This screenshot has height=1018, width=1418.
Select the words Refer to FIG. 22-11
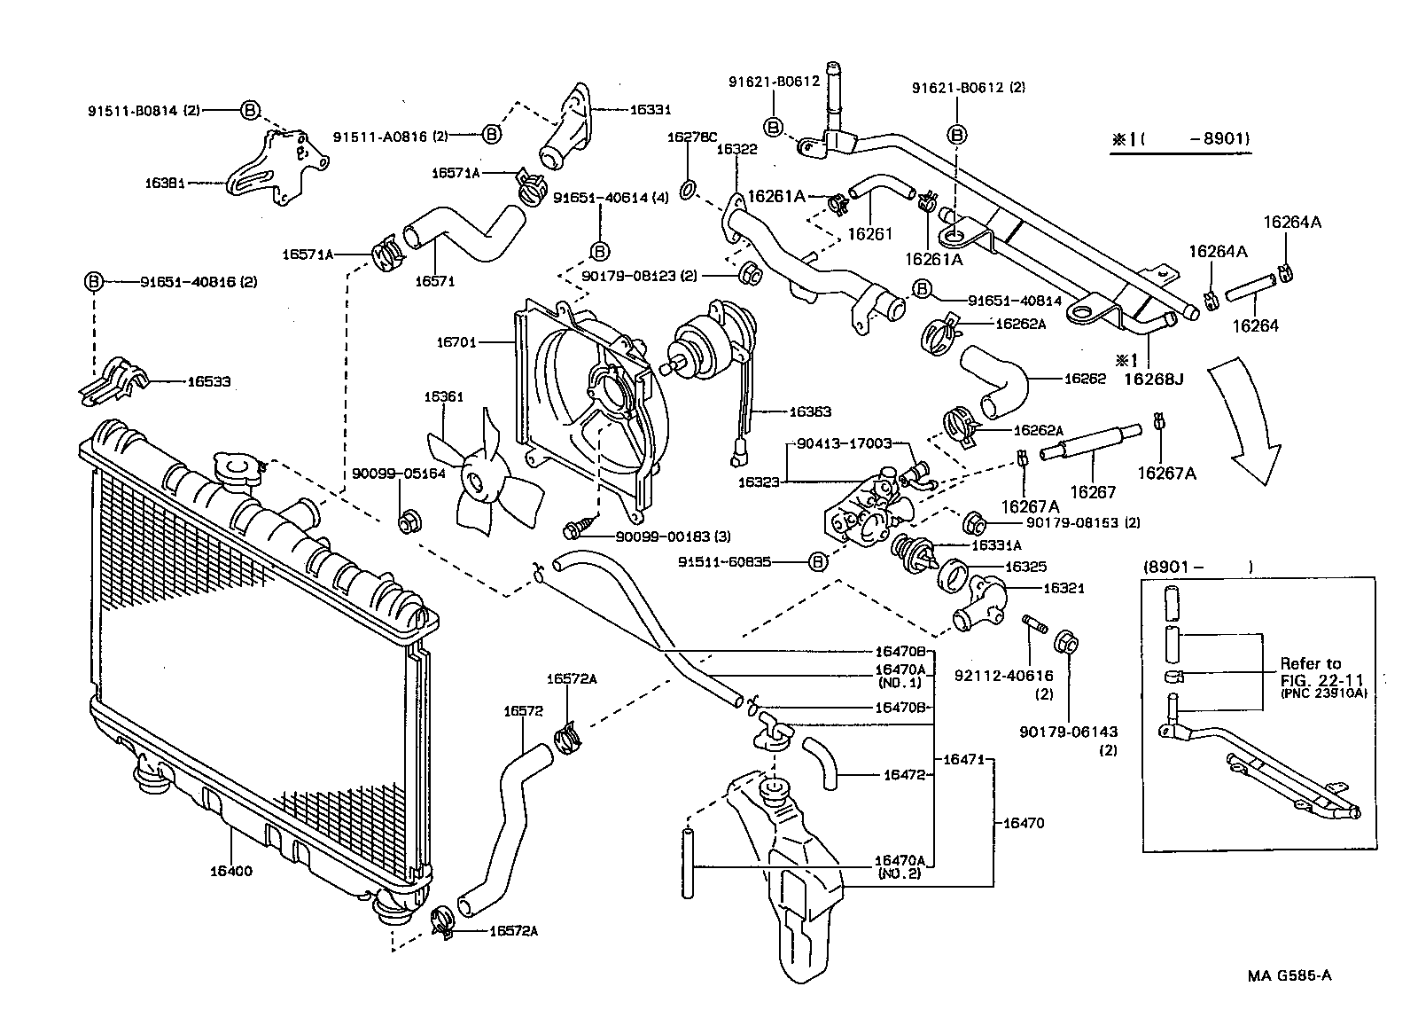point(1311,671)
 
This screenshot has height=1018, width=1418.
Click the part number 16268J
point(1154,379)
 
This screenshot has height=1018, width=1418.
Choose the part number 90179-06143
point(1068,732)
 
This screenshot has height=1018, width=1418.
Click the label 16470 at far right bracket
point(1024,823)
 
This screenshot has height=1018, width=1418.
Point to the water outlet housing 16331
point(567,133)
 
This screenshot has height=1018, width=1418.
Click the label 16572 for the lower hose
point(523,710)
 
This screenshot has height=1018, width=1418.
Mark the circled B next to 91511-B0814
point(251,110)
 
